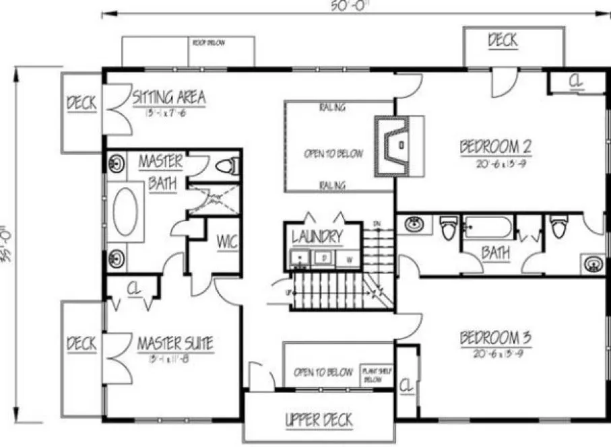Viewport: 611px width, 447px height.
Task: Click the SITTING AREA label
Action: tap(168, 98)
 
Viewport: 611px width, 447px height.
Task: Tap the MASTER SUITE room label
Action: tap(175, 344)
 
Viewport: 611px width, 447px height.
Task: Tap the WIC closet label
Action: tap(226, 242)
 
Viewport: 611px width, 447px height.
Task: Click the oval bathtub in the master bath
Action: tap(126, 211)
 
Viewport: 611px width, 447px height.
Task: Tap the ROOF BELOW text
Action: tap(209, 43)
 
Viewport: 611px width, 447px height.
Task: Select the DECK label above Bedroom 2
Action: tap(503, 40)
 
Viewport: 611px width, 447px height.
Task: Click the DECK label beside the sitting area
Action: tap(82, 104)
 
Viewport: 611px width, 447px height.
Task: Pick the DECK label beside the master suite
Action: tap(82, 343)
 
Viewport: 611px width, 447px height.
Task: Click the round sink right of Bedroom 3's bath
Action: tap(593, 263)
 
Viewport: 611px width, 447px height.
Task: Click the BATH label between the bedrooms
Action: tap(495, 253)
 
